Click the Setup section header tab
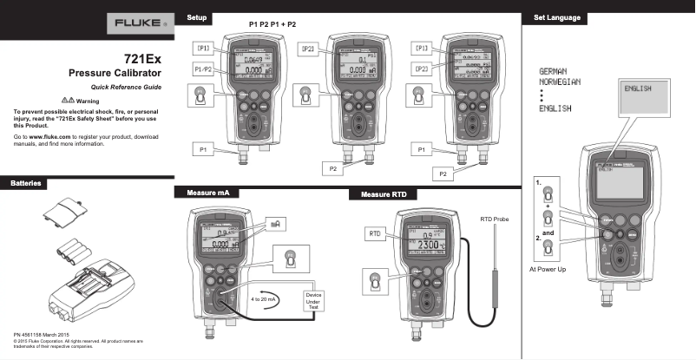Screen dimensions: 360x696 pyautogui.click(x=196, y=17)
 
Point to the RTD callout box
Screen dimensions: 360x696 pyautogui.click(x=376, y=234)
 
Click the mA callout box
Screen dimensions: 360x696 pyautogui.click(x=275, y=224)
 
